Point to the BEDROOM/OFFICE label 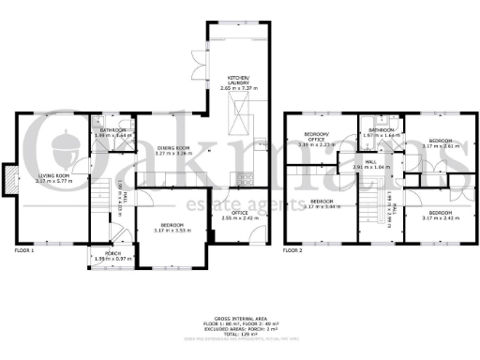click(314, 140)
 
